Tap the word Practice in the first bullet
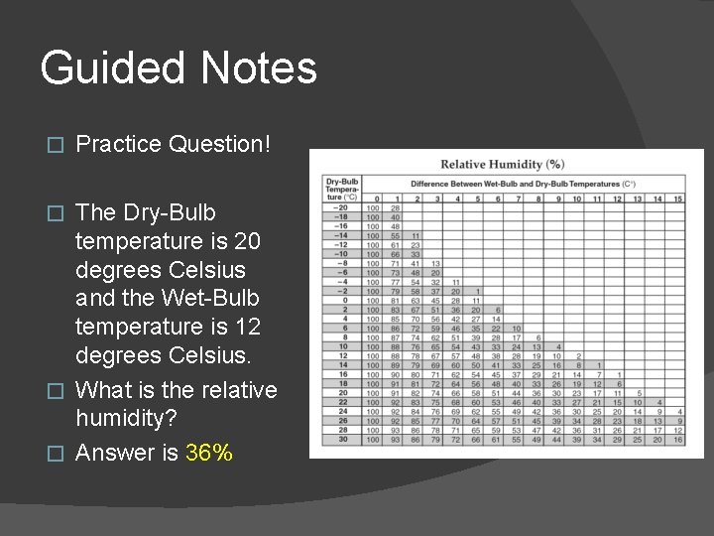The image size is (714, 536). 119,144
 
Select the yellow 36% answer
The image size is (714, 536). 209,454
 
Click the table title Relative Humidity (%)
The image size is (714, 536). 503,164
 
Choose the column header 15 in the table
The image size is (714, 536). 677,199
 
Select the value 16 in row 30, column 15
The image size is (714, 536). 677,439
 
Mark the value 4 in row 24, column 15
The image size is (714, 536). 677,411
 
